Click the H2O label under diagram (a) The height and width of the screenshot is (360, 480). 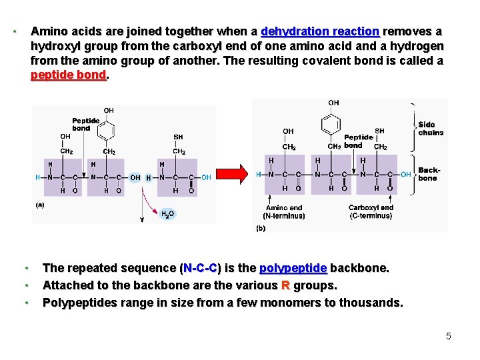point(169,214)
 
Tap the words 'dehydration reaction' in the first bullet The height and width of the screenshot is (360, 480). point(320,31)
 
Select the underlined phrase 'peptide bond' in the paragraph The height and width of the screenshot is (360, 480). point(69,75)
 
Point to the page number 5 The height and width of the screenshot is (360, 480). point(449,336)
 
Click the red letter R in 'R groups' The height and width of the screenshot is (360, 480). point(285,285)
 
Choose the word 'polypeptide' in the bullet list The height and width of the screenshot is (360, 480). point(293,268)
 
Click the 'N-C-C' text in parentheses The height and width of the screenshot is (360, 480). point(201,268)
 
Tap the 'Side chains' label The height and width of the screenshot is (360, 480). point(431,128)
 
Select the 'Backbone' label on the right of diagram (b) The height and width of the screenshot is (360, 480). point(428,174)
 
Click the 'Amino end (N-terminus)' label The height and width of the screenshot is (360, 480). point(284,211)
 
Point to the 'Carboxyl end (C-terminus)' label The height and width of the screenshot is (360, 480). point(371,211)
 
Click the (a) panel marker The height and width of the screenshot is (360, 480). point(40,205)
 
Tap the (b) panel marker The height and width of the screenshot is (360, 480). point(261,228)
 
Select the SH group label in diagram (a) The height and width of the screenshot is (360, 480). point(178,137)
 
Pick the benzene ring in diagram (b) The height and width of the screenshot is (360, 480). point(331,124)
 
